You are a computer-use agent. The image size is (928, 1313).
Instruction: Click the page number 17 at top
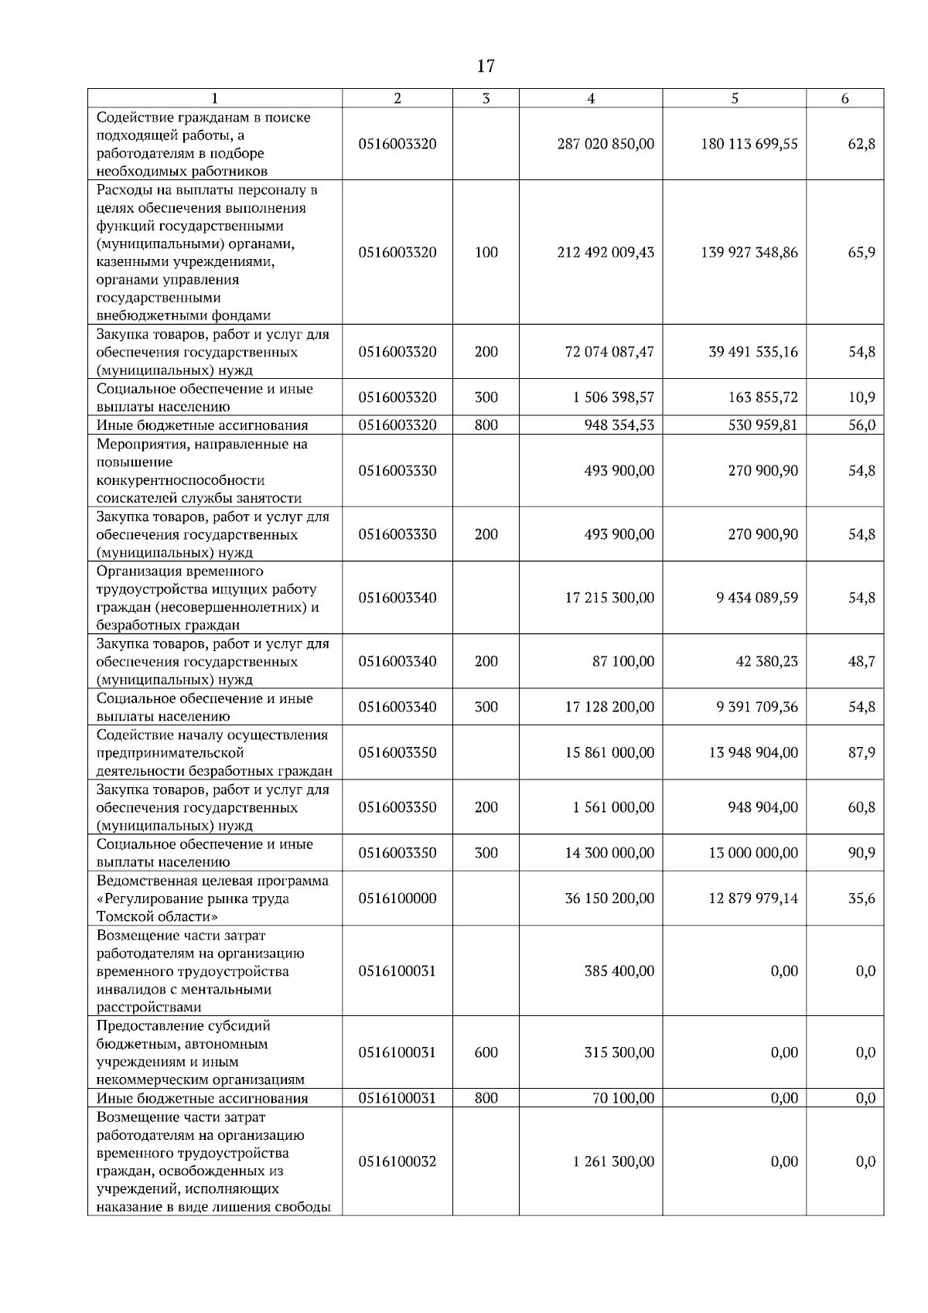[485, 66]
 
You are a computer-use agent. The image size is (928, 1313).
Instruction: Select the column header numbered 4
[590, 98]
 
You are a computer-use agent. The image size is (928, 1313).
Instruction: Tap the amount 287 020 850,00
[606, 144]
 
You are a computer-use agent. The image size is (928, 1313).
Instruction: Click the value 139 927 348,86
[749, 252]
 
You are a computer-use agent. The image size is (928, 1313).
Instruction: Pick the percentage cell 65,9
[861, 252]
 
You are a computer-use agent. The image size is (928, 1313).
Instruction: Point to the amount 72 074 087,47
[609, 352]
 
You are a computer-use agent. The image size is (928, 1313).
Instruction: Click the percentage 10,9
[861, 397]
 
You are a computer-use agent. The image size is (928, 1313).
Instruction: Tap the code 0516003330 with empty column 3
[397, 471]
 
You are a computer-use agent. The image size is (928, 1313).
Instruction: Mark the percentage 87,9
[861, 752]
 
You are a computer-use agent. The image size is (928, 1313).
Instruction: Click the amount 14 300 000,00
[609, 853]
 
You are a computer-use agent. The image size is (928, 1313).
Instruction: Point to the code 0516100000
[397, 899]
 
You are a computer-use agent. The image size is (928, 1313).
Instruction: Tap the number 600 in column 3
[486, 1052]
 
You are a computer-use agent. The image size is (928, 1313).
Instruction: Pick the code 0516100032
[397, 1161]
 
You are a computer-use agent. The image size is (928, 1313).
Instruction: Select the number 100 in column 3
[486, 252]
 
